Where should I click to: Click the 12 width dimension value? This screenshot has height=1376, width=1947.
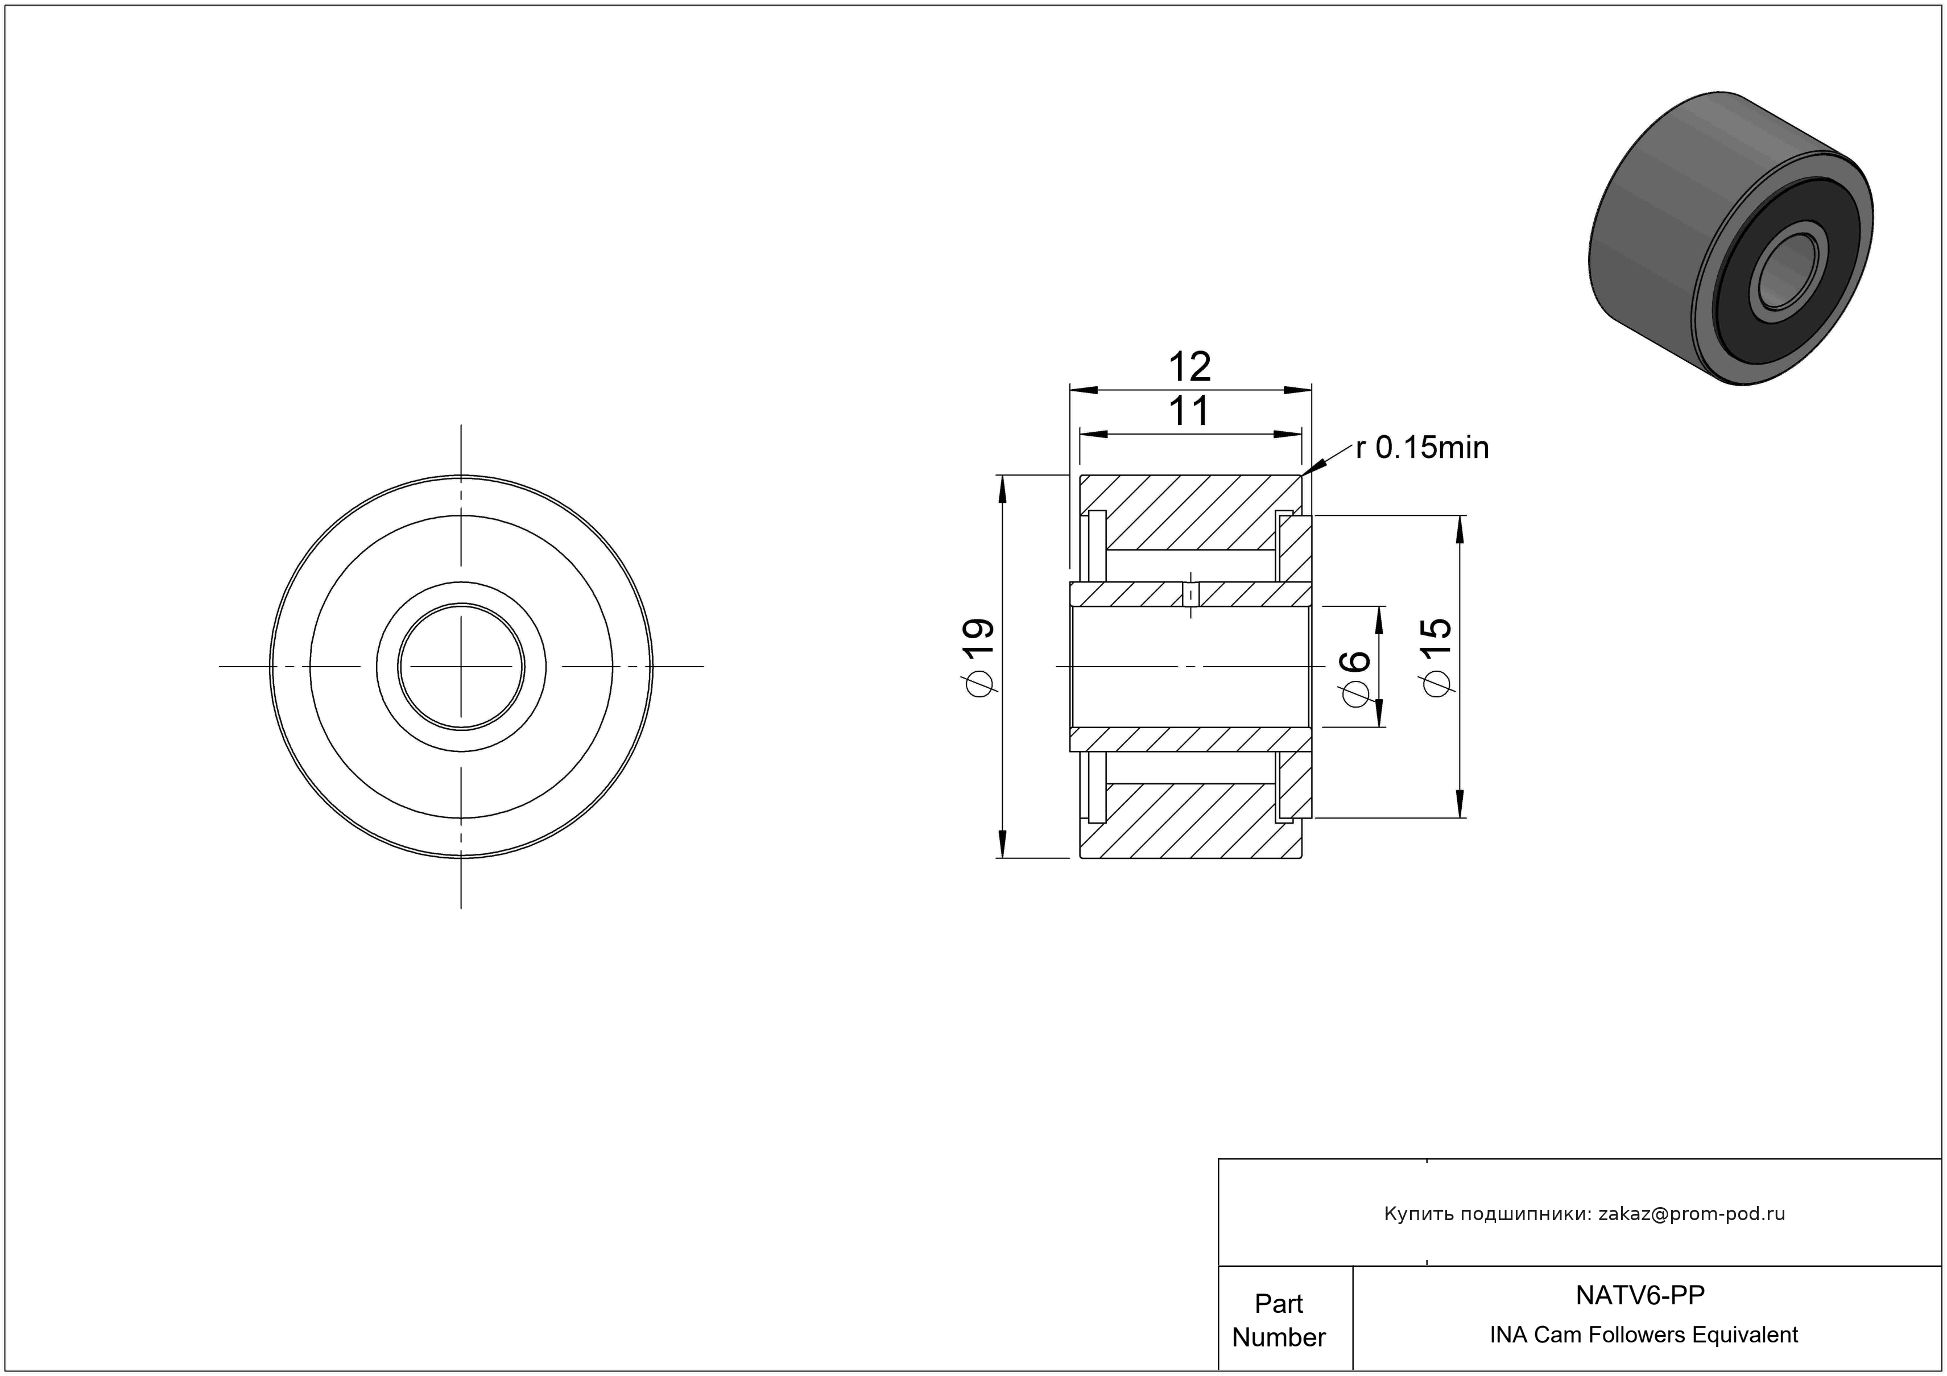(x=1190, y=367)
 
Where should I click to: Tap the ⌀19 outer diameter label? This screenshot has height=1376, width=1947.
(x=978, y=659)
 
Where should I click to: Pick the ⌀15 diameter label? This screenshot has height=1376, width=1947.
(x=1437, y=658)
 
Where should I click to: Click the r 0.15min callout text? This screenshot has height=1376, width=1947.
(x=1422, y=448)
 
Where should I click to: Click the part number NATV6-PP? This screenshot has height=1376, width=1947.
(x=1640, y=1295)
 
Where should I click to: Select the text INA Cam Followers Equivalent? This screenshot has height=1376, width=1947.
(x=1643, y=1334)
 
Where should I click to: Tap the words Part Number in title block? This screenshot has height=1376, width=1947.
(x=1279, y=1320)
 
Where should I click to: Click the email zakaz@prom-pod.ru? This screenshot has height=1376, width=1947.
(x=1692, y=1214)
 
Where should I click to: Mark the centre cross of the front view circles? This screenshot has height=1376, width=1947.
(x=461, y=666)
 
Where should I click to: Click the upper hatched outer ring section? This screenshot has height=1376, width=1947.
(x=1190, y=511)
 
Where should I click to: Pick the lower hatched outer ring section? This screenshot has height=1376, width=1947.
(x=1190, y=821)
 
